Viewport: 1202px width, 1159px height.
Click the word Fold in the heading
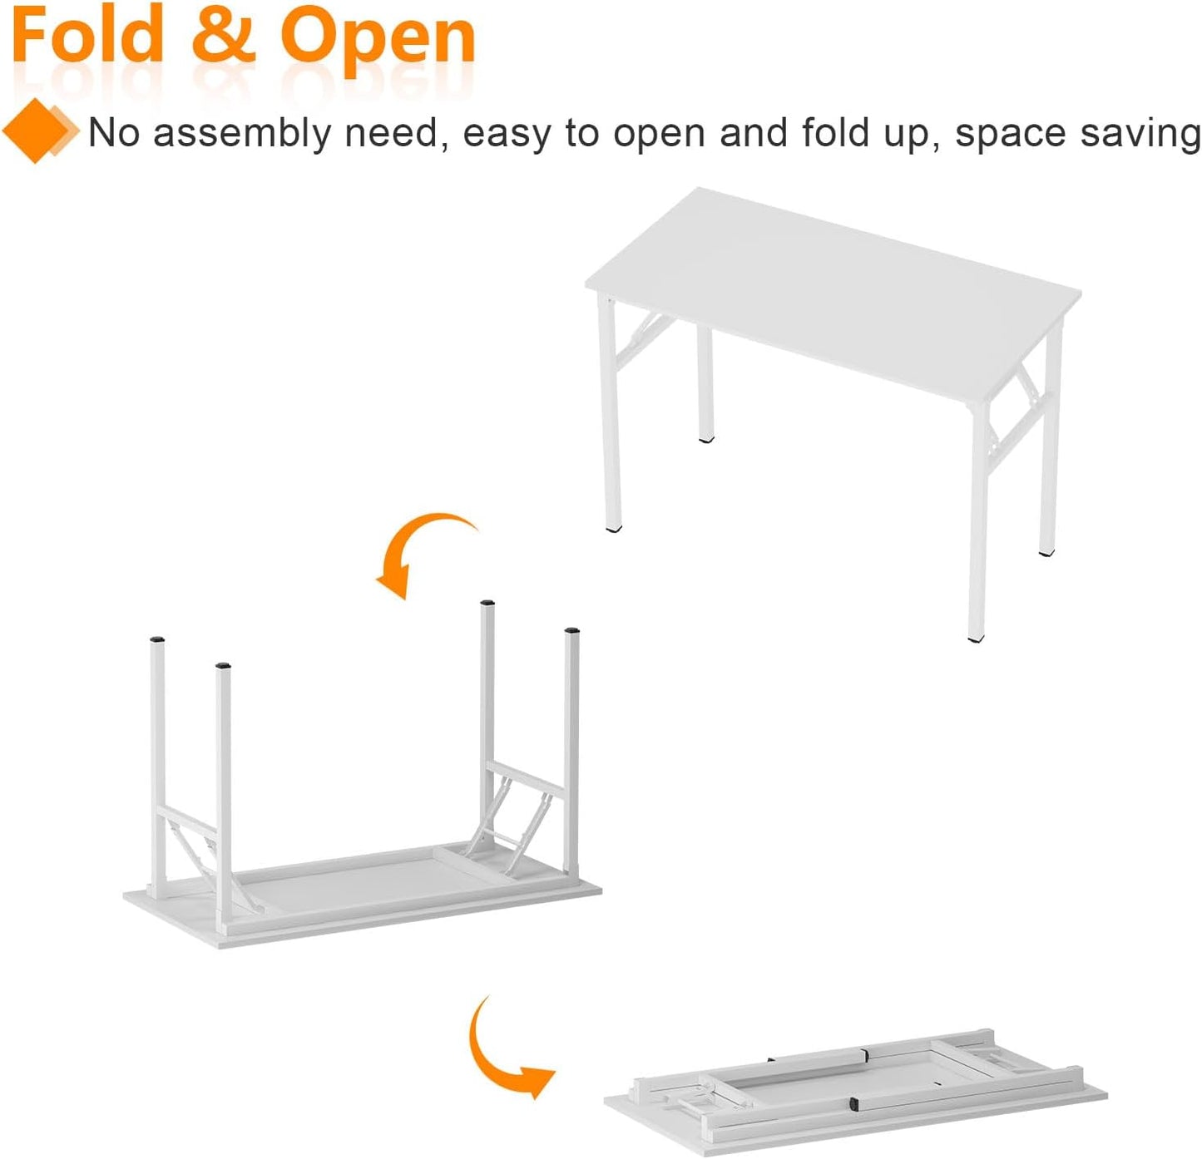(87, 37)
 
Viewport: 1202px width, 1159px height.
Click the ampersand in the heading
(223, 37)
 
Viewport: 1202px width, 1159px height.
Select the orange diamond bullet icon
(37, 131)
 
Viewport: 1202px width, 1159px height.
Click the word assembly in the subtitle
(241, 133)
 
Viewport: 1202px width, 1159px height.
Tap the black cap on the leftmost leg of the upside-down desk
(157, 639)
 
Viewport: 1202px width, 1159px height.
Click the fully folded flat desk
(857, 1089)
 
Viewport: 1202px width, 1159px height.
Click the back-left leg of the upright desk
(705, 382)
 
